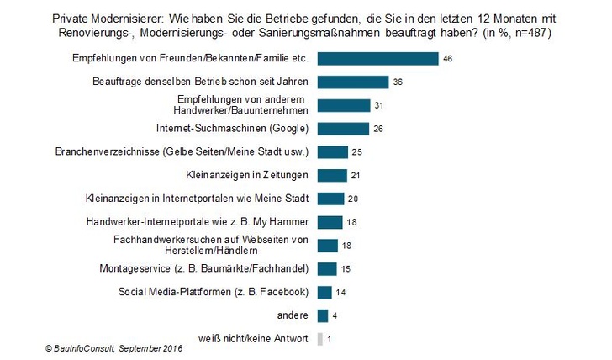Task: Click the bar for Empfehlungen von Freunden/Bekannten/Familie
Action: point(377,58)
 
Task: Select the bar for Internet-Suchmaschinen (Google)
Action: point(343,129)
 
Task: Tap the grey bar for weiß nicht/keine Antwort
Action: point(319,339)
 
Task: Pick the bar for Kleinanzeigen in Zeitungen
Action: point(332,175)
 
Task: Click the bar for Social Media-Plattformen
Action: point(326,293)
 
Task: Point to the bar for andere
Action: point(322,315)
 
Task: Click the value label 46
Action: point(449,59)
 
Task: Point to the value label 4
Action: point(335,316)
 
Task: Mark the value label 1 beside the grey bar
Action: point(330,339)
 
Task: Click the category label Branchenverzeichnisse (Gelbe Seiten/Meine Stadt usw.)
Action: point(182,152)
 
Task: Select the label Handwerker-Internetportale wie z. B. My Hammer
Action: point(198,222)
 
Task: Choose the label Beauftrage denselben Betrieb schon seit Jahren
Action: point(199,82)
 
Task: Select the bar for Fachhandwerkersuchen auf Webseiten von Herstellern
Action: point(328,246)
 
